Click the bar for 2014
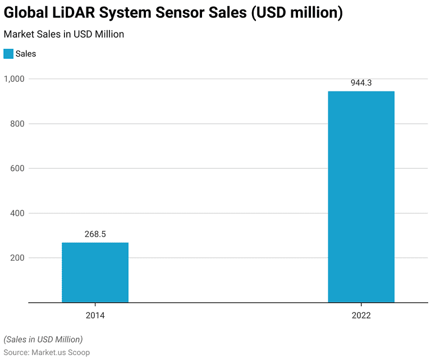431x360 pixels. [x=95, y=273]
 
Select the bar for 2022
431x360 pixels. [x=361, y=197]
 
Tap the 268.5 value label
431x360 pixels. [x=95, y=234]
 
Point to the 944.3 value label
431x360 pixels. [x=361, y=83]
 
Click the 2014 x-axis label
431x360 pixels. [x=95, y=316]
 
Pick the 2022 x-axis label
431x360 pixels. [x=361, y=316]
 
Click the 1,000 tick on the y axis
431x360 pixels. [x=14, y=79]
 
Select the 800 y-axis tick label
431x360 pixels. [x=17, y=124]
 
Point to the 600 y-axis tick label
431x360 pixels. [x=17, y=169]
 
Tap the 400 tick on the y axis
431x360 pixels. [x=17, y=214]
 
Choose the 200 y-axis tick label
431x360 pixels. [x=17, y=259]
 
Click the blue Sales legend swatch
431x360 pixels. [x=8, y=54]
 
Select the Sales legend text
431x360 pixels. [x=26, y=54]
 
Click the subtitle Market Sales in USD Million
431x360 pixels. [x=63, y=34]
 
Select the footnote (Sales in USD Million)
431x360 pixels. [x=43, y=339]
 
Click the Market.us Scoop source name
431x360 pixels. [x=63, y=352]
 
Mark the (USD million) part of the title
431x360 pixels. [x=297, y=13]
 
